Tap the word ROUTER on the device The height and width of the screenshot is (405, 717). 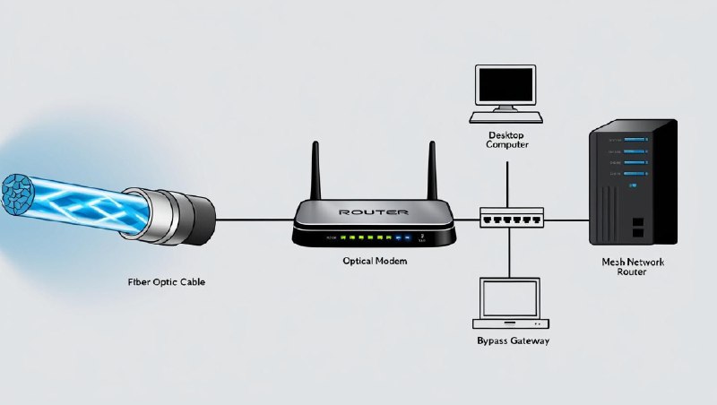(x=374, y=212)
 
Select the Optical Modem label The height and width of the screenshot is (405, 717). (x=374, y=261)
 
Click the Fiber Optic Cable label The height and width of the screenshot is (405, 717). (x=167, y=281)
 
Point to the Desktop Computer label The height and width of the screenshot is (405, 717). (x=508, y=138)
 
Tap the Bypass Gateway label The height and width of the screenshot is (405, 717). (x=512, y=341)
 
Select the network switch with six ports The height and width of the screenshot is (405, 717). (x=511, y=218)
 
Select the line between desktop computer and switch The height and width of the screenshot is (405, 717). (x=508, y=179)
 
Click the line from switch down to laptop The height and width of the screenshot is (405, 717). (x=510, y=253)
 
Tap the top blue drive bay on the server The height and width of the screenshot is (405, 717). (x=633, y=139)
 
